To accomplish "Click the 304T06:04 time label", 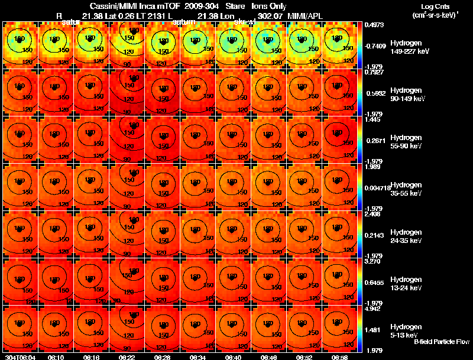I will (x=20, y=357).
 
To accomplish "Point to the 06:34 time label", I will (x=197, y=357).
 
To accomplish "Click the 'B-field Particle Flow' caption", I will (x=442, y=342).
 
